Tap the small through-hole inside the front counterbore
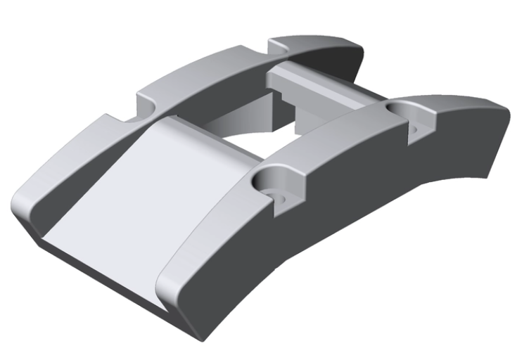(279, 197)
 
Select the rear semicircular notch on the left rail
(281, 46)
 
